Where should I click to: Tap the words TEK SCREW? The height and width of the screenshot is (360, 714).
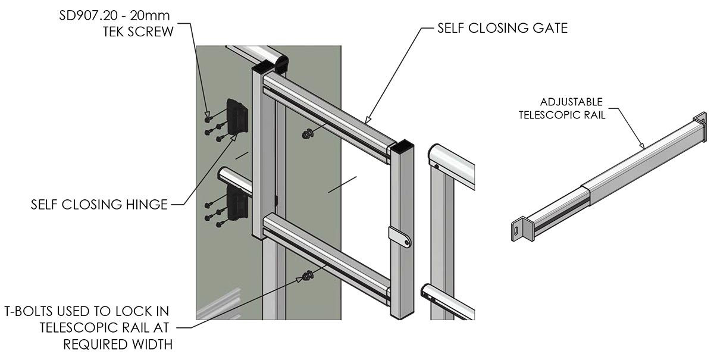coord(138,31)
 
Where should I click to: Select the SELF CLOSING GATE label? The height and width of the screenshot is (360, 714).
coord(502,28)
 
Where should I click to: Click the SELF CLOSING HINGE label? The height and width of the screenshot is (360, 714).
coord(99,205)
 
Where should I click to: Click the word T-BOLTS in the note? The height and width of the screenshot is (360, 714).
coord(31,311)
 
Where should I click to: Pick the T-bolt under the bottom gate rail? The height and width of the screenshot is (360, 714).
coord(307,276)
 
